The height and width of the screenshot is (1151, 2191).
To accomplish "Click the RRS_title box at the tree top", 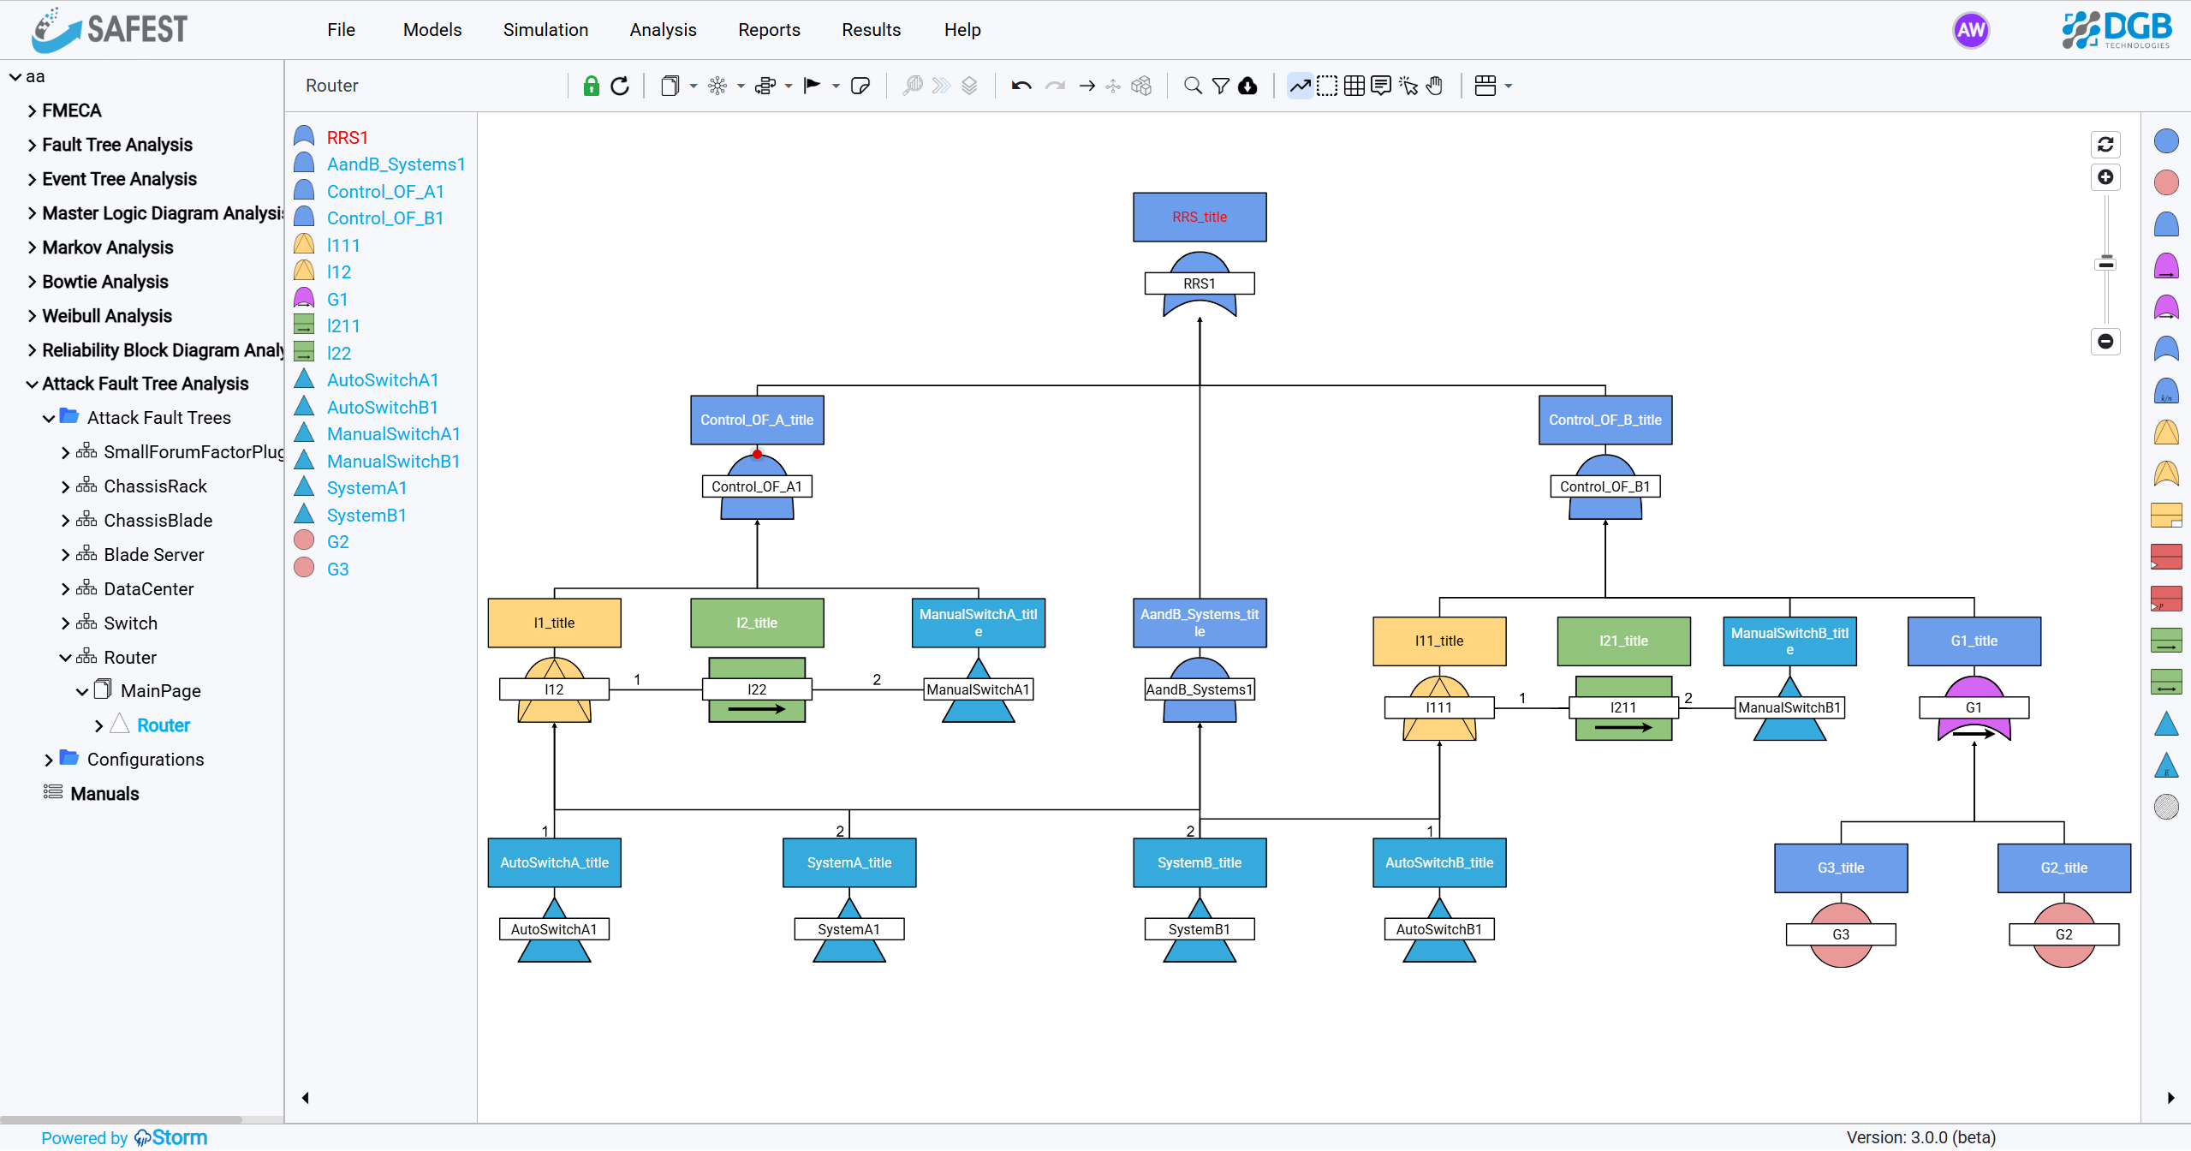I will [1199, 217].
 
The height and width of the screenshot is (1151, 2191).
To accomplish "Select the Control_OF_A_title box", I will [757, 420].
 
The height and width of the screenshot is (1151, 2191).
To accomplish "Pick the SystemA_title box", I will [848, 862].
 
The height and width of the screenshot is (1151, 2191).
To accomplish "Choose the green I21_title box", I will [1622, 641].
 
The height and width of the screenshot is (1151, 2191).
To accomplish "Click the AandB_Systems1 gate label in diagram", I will [1199, 689].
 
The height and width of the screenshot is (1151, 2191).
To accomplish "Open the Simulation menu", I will [545, 30].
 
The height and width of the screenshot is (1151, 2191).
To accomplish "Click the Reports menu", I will [769, 30].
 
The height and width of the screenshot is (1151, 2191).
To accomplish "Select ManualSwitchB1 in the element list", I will [393, 461].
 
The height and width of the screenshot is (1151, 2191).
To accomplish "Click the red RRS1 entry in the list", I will [347, 137].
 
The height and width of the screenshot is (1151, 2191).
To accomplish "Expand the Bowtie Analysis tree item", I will [104, 282].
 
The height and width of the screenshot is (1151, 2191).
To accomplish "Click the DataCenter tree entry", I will [148, 588].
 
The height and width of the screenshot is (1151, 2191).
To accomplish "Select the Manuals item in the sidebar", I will [104, 793].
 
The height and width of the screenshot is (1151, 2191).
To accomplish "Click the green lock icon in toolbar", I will [591, 86].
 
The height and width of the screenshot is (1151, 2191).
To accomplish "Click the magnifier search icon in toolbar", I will [1192, 86].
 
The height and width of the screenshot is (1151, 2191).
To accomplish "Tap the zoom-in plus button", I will [2105, 177].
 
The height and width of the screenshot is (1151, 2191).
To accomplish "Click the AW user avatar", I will [1970, 31].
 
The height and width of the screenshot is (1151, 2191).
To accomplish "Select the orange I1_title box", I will [554, 623].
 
